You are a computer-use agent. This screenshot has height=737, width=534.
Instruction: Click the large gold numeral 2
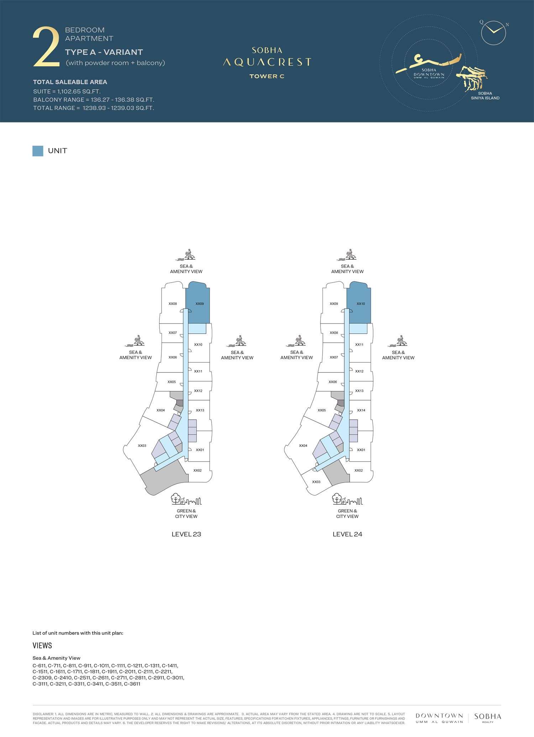pyautogui.click(x=46, y=47)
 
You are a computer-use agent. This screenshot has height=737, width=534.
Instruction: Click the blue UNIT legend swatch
pyautogui.click(x=38, y=151)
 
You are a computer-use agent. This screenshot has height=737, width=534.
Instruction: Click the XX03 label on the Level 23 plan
pyautogui.click(x=142, y=446)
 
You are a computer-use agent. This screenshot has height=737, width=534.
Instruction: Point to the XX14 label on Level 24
pyautogui.click(x=361, y=410)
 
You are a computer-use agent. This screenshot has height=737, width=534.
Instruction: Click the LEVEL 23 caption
pyautogui.click(x=186, y=534)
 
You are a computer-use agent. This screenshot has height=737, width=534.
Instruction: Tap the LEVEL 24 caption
pyautogui.click(x=347, y=534)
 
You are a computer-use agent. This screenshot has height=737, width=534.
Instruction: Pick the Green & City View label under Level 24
pyautogui.click(x=347, y=514)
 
